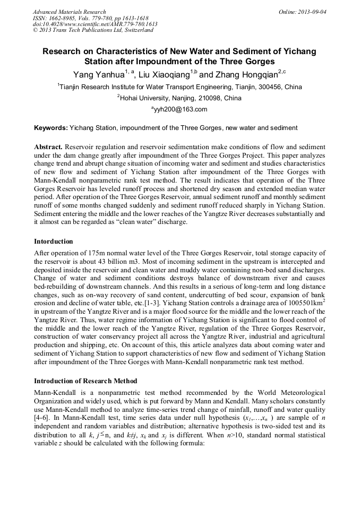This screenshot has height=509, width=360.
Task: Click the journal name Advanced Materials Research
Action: click(69, 12)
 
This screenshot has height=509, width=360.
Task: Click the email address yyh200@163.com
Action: click(180, 110)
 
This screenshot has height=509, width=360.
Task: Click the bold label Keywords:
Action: click(50, 128)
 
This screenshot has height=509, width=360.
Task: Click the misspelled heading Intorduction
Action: click(53, 241)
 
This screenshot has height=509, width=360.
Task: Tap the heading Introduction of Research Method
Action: click(85, 381)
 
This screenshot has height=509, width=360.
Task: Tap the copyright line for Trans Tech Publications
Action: click(93, 30)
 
